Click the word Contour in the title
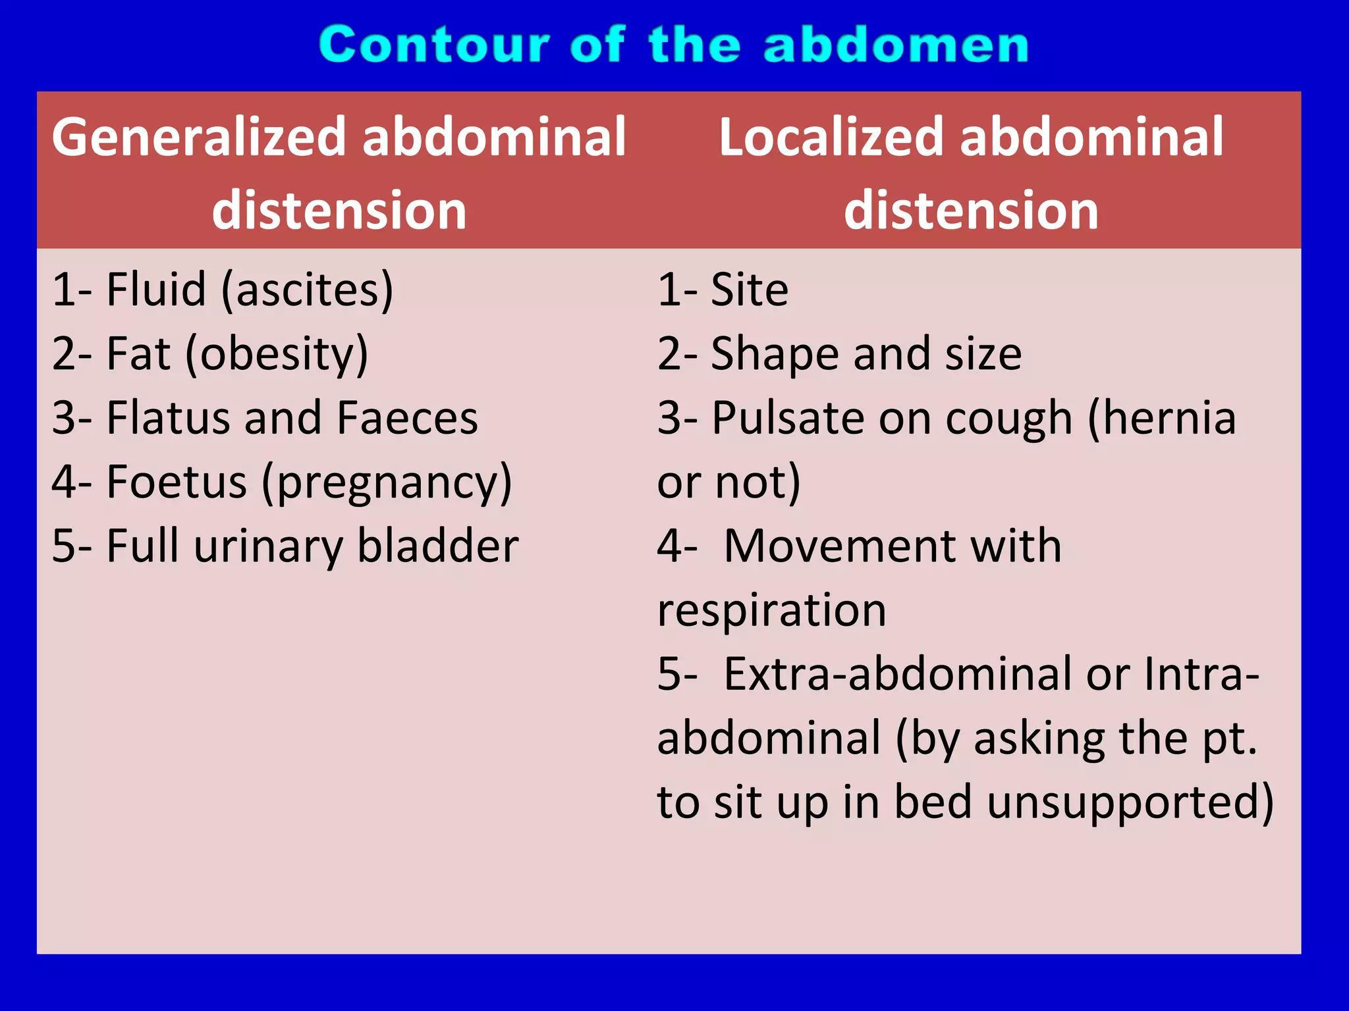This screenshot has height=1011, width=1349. click(434, 45)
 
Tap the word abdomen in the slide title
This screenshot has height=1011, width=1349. click(896, 45)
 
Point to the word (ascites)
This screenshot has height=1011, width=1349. click(307, 290)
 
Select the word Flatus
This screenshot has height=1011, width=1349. click(167, 418)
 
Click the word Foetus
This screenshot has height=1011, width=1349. click(177, 482)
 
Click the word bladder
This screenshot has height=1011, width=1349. click(437, 546)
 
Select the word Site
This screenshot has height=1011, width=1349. click(750, 290)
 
